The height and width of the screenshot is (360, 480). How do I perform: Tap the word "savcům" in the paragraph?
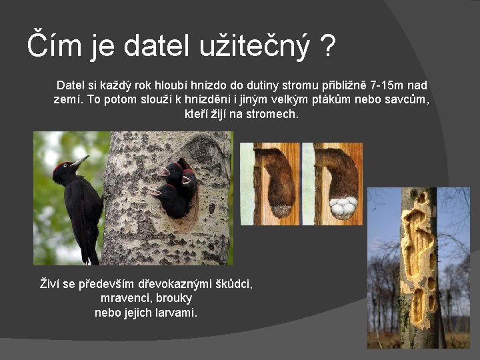409,99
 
